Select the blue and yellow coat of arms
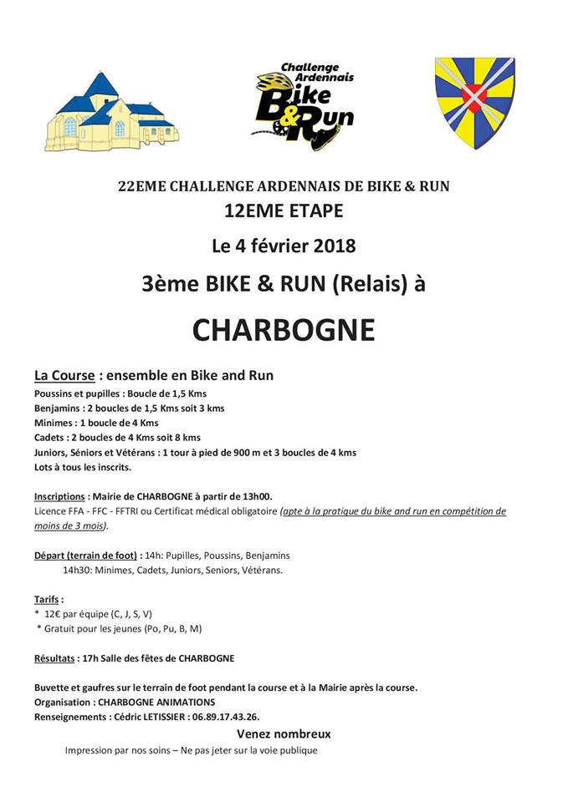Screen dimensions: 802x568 (474, 101)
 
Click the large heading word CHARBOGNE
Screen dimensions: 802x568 (284, 329)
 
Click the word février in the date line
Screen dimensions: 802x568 (272, 246)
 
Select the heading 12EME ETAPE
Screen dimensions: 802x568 (284, 211)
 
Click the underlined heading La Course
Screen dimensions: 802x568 (64, 376)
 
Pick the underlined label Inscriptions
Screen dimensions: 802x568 (59, 495)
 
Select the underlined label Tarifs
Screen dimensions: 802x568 (48, 599)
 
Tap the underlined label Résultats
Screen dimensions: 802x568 (54, 658)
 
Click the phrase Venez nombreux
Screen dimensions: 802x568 (284, 734)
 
